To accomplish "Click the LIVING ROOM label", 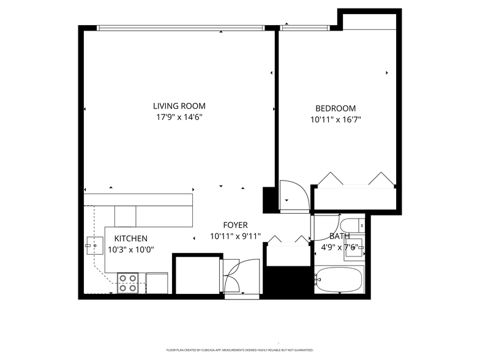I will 179,105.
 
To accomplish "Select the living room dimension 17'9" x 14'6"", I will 179,116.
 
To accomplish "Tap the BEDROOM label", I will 336,108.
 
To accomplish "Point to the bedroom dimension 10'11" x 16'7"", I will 336,120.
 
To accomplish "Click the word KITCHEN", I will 130,238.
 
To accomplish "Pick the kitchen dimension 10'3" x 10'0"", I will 130,249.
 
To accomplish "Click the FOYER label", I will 235,225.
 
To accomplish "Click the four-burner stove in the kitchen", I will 128,283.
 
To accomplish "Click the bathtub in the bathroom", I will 340,280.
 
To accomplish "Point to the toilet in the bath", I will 351,224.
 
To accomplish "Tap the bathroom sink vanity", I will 354,249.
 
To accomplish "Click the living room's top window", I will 181,28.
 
